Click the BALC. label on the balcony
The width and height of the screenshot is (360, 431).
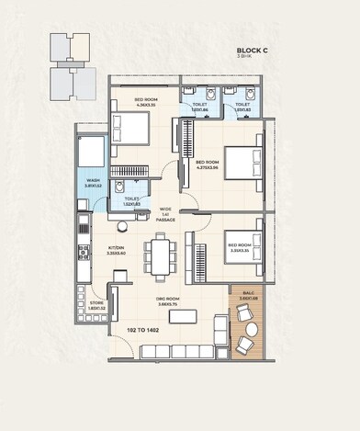[x=248, y=296]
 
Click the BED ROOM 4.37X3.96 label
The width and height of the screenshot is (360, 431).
[x=208, y=165]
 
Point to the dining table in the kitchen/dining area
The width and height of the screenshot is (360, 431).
[x=162, y=255]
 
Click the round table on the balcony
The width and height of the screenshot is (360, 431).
[x=246, y=329]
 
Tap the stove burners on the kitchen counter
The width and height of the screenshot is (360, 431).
[x=84, y=255]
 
